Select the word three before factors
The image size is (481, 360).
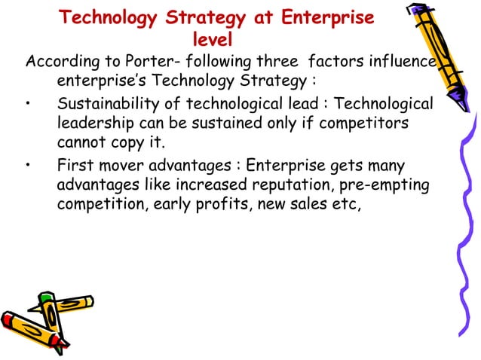click(274, 61)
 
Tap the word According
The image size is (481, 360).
click(58, 61)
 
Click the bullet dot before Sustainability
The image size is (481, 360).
click(29, 104)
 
